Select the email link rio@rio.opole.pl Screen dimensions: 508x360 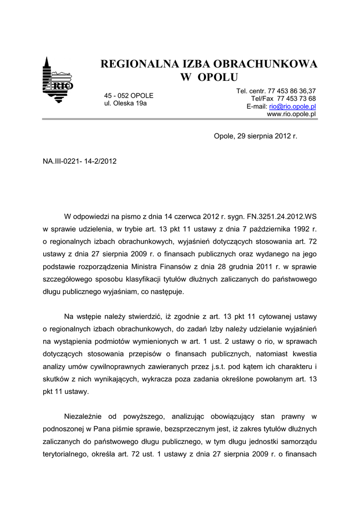tap(292, 106)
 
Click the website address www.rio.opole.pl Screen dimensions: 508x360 tap(291, 114)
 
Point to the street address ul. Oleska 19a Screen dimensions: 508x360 tap(125, 103)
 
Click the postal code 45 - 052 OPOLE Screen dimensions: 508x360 tap(129, 95)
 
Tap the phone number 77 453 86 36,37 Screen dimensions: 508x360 tap(291, 91)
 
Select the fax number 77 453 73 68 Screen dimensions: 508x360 tap(296, 98)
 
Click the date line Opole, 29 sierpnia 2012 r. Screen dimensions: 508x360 tap(255, 135)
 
